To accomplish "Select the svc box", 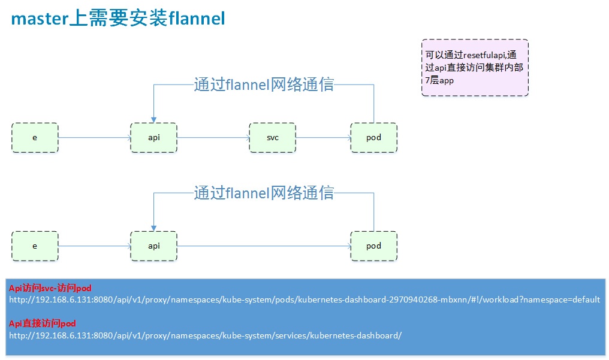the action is tap(272, 138).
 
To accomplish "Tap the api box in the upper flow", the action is tap(154, 138).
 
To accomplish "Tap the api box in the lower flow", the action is tap(154, 246).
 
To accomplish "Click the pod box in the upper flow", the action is tap(373, 138).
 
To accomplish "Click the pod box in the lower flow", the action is tap(373, 246).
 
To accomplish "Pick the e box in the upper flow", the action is tap(35, 138).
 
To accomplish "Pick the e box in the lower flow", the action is tap(35, 246).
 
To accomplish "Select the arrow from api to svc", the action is tap(213, 137).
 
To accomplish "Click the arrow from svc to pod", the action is tap(323, 137).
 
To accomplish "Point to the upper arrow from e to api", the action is tap(94, 137).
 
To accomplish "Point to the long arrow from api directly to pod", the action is tap(264, 246).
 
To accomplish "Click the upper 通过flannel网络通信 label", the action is tap(264, 84).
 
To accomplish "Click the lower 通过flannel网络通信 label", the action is tap(264, 192).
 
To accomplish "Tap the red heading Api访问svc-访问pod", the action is tap(50, 288).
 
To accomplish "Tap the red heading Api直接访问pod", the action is tap(43, 323).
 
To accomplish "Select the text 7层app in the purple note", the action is tap(439, 80).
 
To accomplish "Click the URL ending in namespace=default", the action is tap(304, 300).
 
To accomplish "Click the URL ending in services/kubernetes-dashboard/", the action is tap(206, 335).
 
